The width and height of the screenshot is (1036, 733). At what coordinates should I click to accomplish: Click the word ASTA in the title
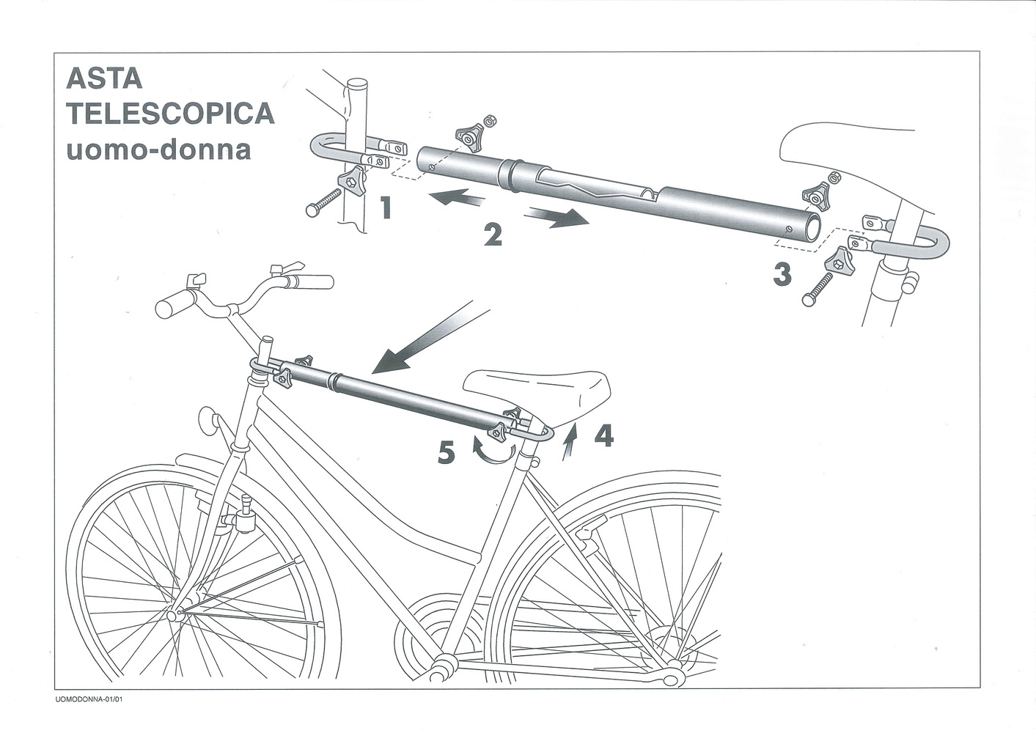[x=103, y=78]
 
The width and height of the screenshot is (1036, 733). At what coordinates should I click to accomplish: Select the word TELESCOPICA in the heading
[x=170, y=114]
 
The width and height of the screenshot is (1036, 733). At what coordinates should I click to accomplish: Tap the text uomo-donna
[x=158, y=149]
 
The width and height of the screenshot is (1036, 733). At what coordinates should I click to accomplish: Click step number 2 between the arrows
[x=492, y=234]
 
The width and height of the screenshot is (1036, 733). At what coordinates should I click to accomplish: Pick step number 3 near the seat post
[x=782, y=274]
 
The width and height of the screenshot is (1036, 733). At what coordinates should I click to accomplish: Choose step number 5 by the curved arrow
[x=445, y=453]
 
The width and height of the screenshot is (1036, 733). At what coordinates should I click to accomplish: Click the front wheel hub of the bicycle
[x=176, y=613]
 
